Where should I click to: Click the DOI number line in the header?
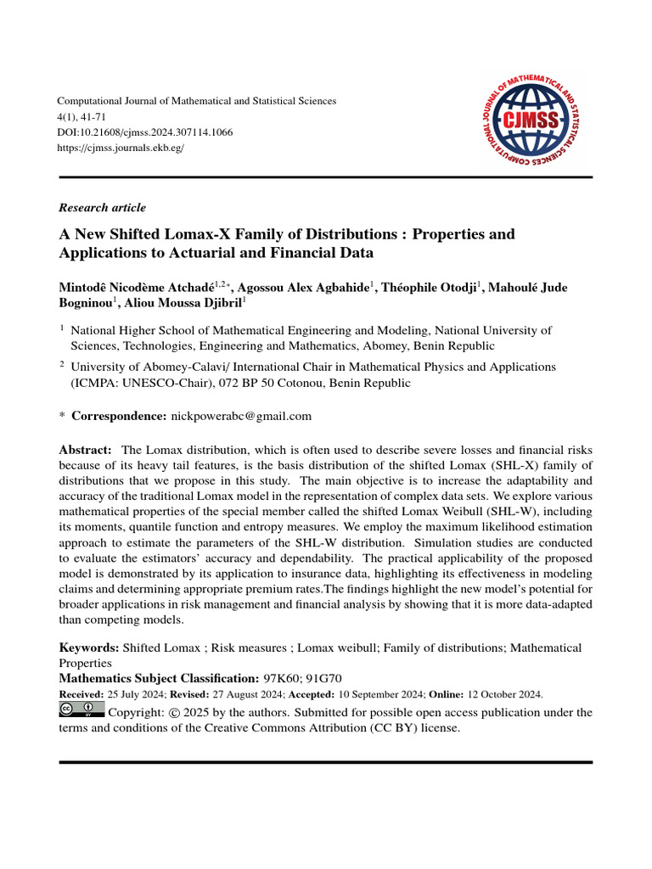(144, 132)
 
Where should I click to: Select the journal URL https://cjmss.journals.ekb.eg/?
(121, 148)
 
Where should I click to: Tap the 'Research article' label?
(102, 208)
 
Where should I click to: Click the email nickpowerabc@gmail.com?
(241, 416)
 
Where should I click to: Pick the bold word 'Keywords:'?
(89, 648)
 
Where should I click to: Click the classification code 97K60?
(279, 679)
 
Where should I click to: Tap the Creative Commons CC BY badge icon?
(81, 710)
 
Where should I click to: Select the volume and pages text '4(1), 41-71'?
(82, 117)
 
